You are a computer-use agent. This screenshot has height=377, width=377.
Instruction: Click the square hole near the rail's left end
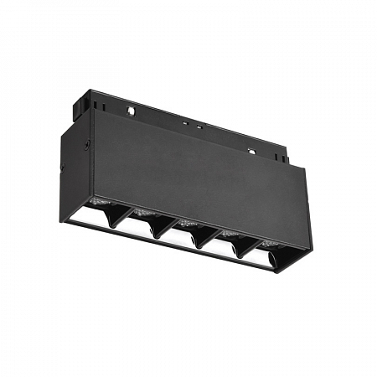click(x=131, y=110)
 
